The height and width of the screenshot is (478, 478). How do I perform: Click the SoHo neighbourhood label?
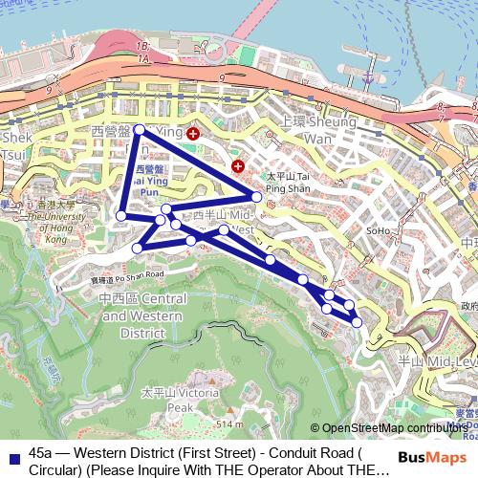point(379,231)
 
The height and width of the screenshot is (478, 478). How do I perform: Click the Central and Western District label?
point(142,315)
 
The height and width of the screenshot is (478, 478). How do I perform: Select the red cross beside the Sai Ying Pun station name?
point(193,134)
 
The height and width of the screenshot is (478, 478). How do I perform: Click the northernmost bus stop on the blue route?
point(140,129)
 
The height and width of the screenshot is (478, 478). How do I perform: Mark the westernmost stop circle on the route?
point(120,216)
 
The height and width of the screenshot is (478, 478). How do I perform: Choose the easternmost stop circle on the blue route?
point(357,322)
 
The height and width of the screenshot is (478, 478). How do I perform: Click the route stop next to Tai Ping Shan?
point(257,197)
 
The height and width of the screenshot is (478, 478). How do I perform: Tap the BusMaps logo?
point(432,458)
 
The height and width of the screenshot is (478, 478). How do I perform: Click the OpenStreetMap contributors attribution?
point(393,429)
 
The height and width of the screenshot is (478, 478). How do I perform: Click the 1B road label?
point(143,46)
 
